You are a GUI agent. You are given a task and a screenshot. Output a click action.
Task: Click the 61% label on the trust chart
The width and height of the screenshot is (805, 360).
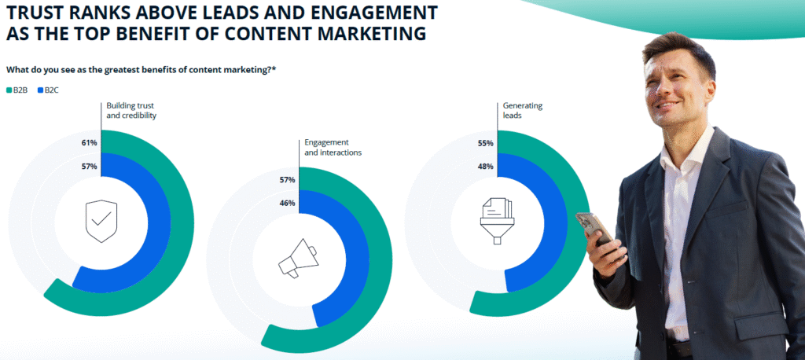coord(89,143)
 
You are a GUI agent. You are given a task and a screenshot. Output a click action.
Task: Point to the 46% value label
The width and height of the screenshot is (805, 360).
coord(287,203)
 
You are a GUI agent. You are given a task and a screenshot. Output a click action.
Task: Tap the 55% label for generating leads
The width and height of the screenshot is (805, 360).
coord(485,143)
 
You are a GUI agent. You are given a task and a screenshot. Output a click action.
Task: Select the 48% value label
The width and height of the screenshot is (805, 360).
coord(485,167)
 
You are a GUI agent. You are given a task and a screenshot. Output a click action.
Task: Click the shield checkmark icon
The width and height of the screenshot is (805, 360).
coord(101,221)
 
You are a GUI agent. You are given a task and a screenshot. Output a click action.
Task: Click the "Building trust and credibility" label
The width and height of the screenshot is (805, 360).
coord(131,110)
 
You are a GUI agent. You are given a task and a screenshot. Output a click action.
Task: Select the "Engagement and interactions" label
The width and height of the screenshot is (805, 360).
coord(333,147)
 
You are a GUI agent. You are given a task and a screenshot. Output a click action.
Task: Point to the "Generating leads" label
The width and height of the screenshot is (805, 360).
coord(523,110)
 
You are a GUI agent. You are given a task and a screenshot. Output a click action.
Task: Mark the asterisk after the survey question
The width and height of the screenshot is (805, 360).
coord(274,69)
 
